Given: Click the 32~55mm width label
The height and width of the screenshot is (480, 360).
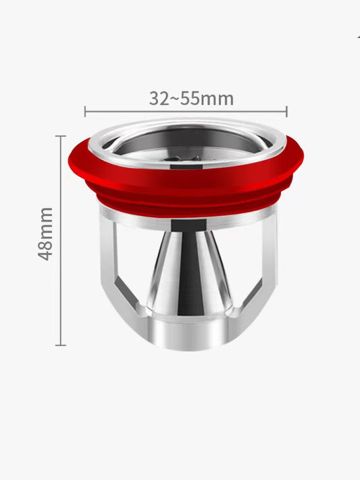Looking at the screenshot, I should [191, 99].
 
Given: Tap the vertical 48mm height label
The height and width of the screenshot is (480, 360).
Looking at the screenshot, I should [46, 234].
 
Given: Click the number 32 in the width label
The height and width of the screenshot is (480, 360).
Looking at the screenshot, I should [159, 99].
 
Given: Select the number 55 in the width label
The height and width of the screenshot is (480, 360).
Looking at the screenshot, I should [188, 99].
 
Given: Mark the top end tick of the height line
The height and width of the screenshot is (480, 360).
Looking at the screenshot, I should [61, 136].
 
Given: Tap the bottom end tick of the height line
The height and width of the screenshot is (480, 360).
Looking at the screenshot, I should [61, 345].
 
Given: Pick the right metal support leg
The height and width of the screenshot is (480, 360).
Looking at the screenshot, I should [260, 270].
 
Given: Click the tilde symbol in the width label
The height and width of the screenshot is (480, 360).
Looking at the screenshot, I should [174, 99].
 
